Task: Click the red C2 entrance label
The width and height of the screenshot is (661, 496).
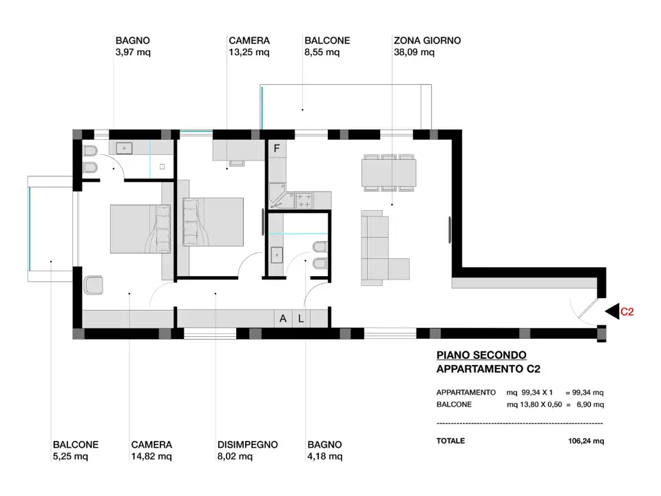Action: point(627,311)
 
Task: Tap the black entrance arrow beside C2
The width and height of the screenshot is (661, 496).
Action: point(612,311)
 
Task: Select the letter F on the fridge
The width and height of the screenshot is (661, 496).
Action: point(277,148)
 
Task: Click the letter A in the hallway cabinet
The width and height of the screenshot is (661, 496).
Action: point(283,318)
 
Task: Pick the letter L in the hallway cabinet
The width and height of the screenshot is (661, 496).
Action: point(301,318)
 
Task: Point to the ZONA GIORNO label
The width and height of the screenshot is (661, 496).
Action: point(427,41)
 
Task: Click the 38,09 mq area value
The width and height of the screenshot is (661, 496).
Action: point(414,52)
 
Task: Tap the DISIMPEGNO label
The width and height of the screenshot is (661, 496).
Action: point(247,445)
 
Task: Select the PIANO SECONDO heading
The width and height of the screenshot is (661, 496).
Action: point(481,355)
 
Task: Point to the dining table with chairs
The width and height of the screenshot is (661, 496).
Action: point(388,172)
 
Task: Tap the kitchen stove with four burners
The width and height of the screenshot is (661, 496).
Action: point(304,200)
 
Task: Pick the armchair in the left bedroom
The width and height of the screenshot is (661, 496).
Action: point(93,285)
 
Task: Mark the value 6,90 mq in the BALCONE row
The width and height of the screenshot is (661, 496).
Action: point(589,404)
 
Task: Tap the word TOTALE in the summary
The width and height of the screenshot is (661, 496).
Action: point(450,441)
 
